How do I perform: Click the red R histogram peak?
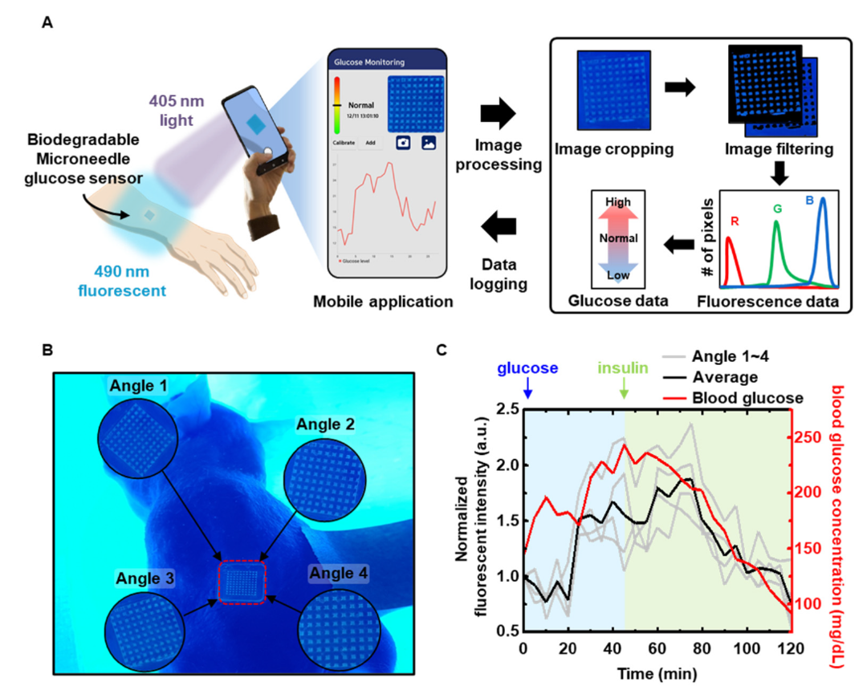tap(729, 241)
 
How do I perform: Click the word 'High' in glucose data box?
tap(618, 202)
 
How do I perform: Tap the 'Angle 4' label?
tap(338, 573)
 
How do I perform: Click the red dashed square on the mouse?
tap(242, 582)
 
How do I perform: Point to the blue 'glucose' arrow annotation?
tap(527, 388)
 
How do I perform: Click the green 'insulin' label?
tap(624, 368)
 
